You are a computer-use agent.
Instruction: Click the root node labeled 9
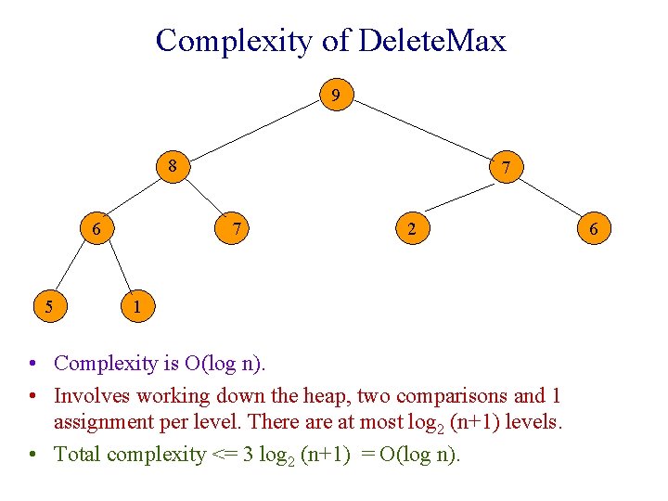point(336,96)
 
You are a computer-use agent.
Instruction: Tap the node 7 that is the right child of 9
point(505,168)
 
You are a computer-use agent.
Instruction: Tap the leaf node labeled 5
point(47,304)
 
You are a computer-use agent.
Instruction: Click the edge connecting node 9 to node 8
point(255,131)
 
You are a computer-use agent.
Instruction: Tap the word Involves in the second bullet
point(93,396)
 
